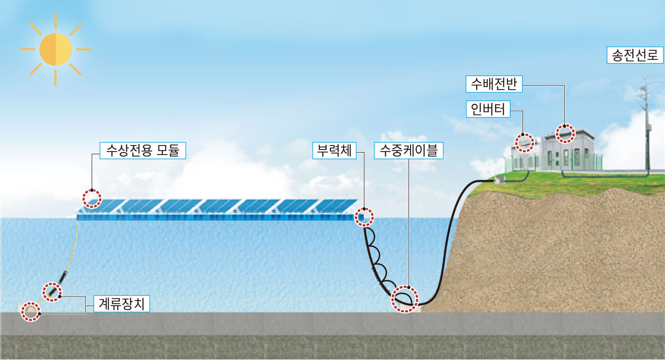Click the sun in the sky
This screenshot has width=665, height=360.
(x=55, y=49)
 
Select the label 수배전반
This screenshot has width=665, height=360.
(x=494, y=84)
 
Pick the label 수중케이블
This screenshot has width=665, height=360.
(x=409, y=150)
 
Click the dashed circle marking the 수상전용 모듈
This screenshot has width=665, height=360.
(x=92, y=198)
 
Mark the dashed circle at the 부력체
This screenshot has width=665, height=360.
(x=364, y=217)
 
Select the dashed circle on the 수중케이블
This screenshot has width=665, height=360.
(x=405, y=300)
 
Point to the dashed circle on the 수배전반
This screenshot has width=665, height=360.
(x=565, y=133)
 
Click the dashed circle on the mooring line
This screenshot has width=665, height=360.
(x=52, y=292)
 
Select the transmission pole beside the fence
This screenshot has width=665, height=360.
(x=646, y=126)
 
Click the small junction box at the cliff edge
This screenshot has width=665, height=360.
(x=500, y=179)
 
